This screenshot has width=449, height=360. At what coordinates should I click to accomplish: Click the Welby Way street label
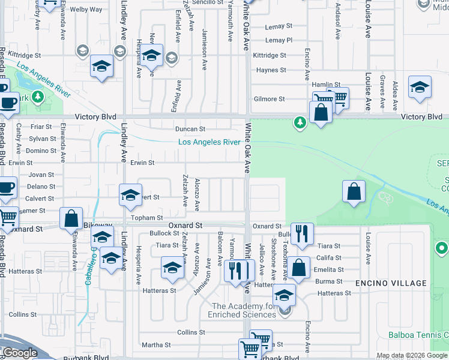[x=86, y=10]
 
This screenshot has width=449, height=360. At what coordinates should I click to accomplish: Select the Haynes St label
[x=271, y=70]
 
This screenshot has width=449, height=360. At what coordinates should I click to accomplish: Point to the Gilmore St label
[x=269, y=99]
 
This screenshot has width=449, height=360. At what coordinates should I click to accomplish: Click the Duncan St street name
[x=190, y=129]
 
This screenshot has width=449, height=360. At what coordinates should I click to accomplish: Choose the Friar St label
[x=41, y=127]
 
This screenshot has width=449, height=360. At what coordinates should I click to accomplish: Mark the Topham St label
[x=148, y=218]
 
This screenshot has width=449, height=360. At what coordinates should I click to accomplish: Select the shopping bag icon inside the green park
[x=354, y=191]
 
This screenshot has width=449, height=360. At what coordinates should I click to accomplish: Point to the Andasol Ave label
[x=339, y=13]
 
